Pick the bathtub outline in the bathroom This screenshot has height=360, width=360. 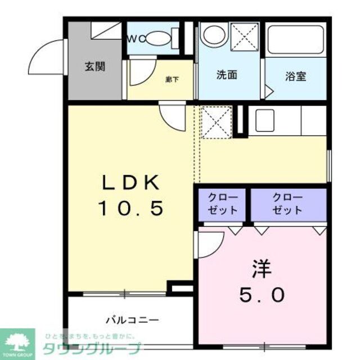(x=295, y=39)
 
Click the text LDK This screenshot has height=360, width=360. (x=131, y=183)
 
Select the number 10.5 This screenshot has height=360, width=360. (x=131, y=209)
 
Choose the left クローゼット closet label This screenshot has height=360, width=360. (x=223, y=204)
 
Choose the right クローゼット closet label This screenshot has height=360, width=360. (x=287, y=204)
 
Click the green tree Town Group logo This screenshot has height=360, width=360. (x=17, y=341)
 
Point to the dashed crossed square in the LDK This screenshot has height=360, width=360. (x=216, y=121)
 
